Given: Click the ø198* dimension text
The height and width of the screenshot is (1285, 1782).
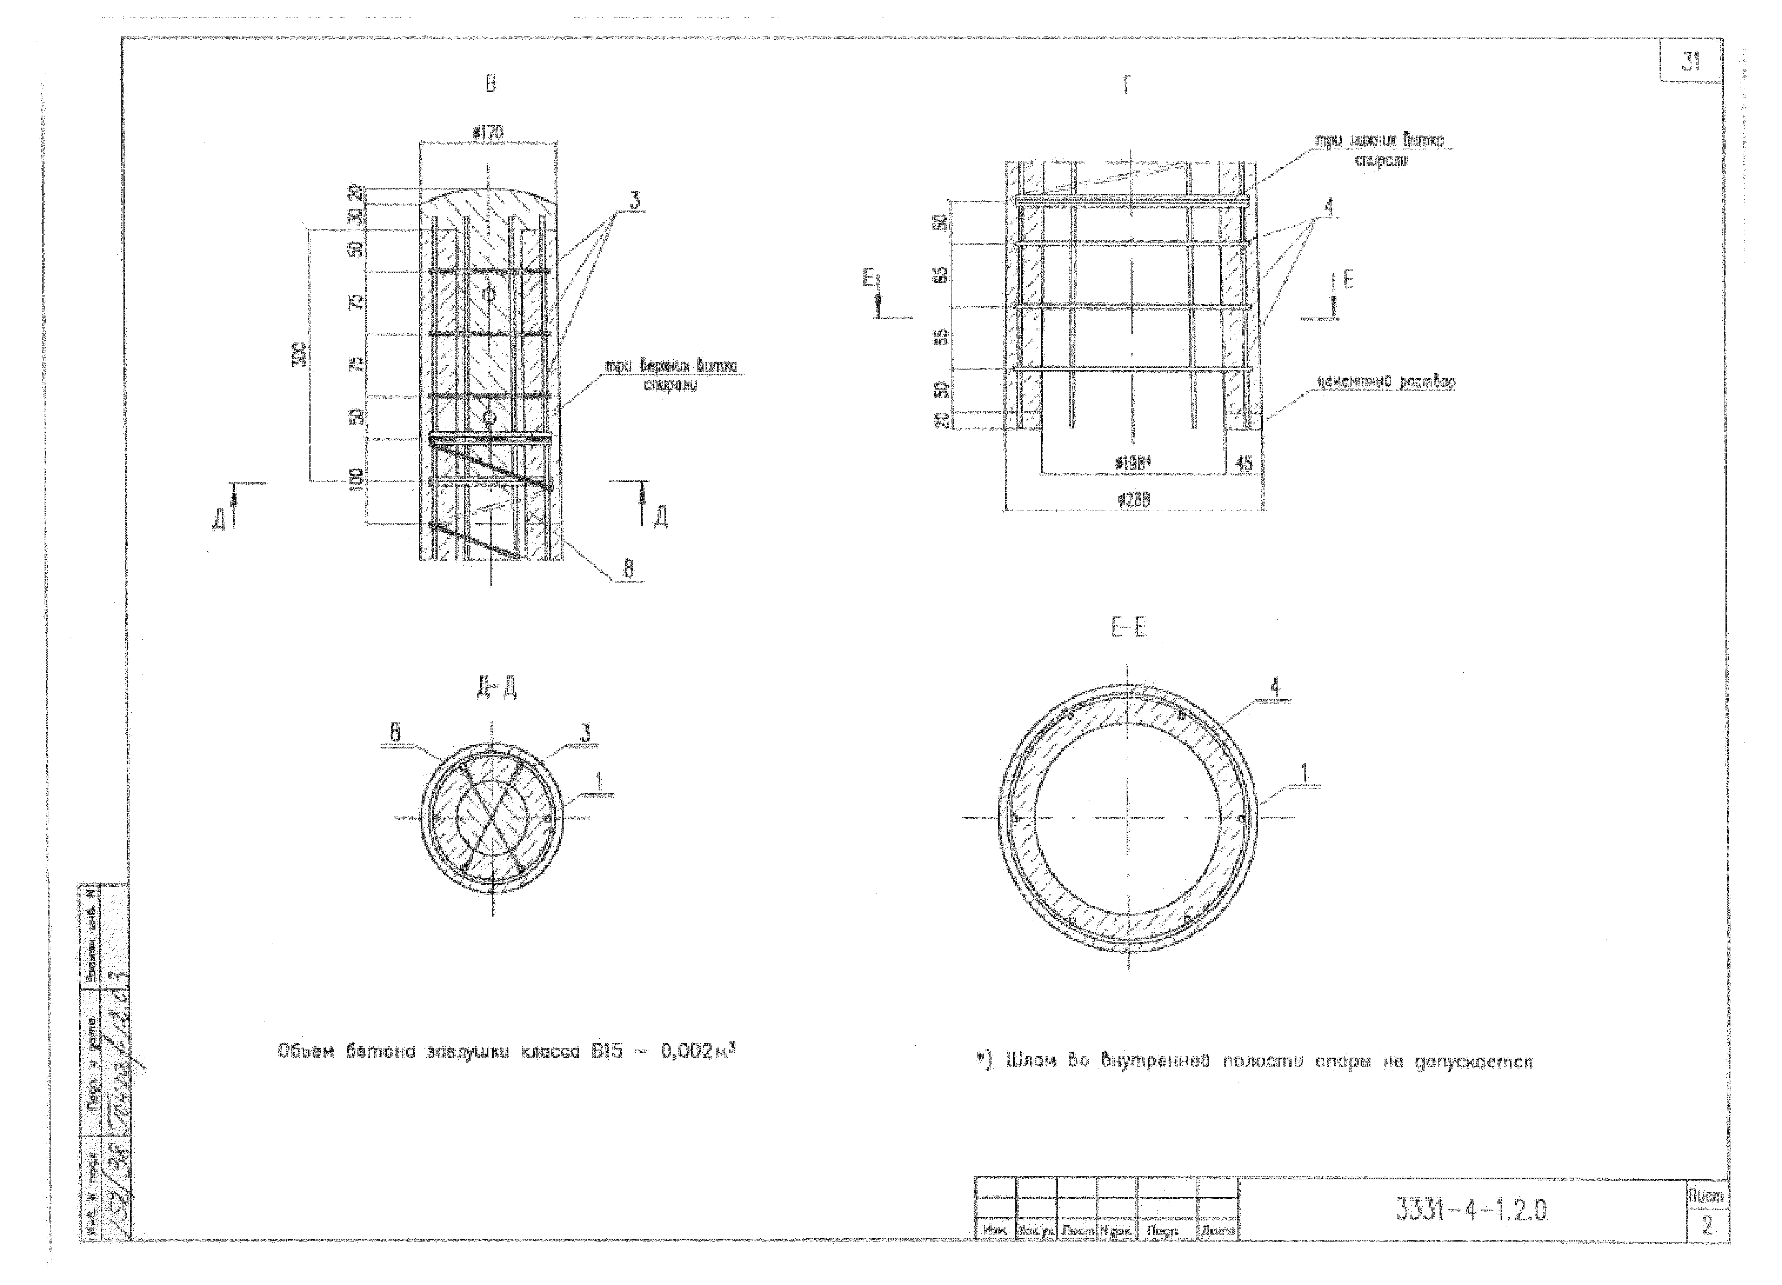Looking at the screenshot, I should tap(1133, 464).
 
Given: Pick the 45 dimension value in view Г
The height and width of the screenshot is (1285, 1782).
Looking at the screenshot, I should tap(1244, 464).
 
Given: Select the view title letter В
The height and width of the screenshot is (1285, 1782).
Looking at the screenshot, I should tap(490, 84).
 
